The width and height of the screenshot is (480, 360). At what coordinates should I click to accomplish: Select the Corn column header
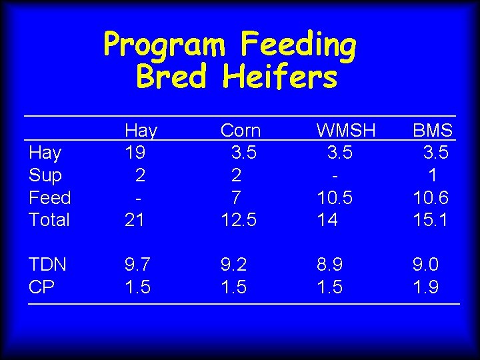pos(240,130)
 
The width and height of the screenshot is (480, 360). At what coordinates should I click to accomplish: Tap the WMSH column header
pos(346,130)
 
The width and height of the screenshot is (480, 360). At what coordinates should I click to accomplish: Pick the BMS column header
pos(433,130)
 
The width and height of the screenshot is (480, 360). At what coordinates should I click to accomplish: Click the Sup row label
pos(45,175)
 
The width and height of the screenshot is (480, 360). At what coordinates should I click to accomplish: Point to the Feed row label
pos(50,197)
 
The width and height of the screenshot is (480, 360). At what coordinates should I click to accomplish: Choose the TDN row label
pos(47,264)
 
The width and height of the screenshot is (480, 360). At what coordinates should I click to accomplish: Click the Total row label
pos(49,219)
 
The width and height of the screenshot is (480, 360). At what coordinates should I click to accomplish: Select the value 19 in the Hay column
pos(135,153)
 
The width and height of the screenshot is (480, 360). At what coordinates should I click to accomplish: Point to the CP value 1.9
pos(425,287)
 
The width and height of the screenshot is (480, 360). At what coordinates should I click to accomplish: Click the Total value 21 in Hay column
pos(135,219)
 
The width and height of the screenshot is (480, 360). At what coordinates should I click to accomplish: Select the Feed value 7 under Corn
pos(235,197)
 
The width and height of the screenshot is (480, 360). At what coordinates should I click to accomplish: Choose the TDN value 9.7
pos(138,264)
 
